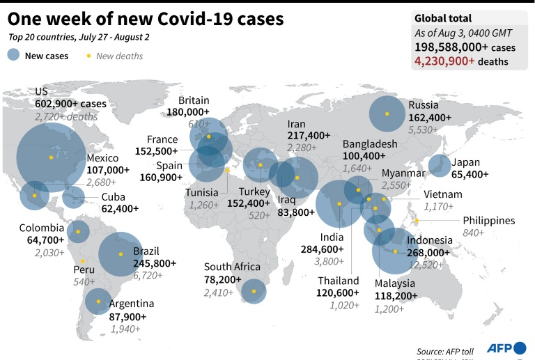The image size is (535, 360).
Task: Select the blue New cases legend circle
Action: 14,55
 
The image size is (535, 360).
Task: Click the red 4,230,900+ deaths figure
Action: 444,61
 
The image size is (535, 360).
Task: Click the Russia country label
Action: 424,107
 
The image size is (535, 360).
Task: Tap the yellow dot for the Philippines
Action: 416,221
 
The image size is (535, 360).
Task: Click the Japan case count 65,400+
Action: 470,174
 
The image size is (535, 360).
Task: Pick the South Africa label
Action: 232,267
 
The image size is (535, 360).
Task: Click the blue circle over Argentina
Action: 98,302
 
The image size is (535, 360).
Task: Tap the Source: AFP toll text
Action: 447,351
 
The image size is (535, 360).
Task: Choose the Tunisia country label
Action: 204,192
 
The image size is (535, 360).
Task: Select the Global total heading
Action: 443,19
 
